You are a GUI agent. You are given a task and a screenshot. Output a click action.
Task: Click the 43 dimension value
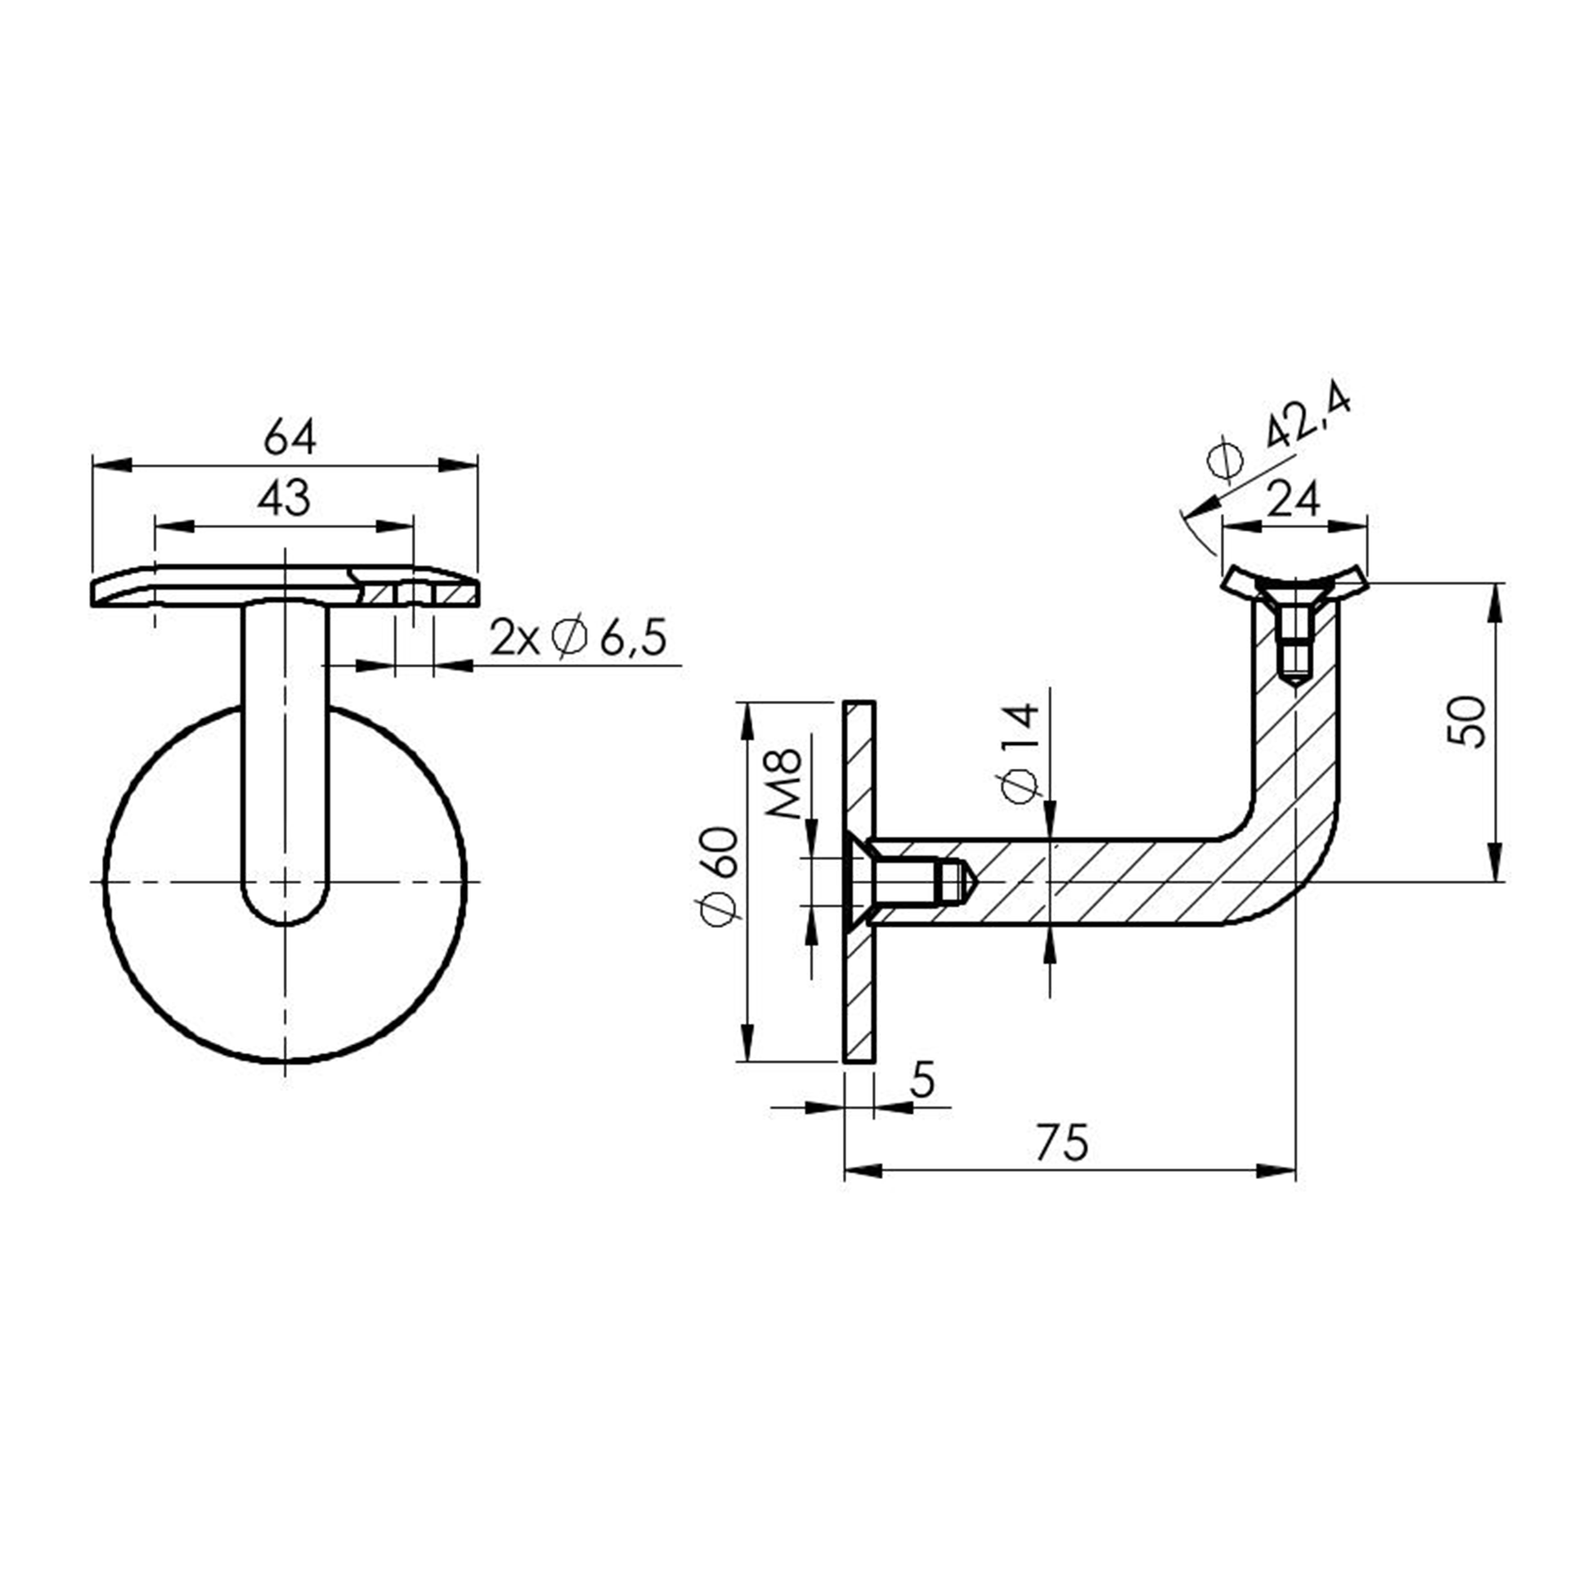pos(284,498)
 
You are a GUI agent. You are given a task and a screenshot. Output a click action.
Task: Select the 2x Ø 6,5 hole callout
pos(578,638)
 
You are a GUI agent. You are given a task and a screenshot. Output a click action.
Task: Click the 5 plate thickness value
pos(921,1080)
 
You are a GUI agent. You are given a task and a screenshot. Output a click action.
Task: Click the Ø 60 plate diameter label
pos(720,876)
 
